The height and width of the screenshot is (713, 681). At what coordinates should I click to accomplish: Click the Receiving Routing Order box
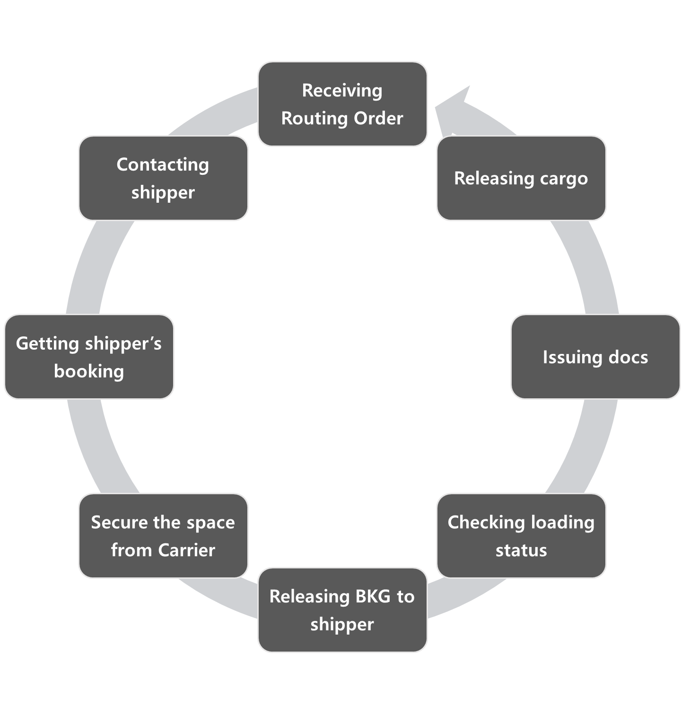[x=342, y=104]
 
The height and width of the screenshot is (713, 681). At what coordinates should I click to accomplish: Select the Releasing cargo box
[x=521, y=178]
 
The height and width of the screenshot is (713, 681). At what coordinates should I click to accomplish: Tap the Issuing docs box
[x=595, y=357]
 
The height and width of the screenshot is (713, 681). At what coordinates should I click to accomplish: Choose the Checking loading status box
[x=521, y=536]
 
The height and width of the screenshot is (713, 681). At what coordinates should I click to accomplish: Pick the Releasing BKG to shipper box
[x=342, y=610]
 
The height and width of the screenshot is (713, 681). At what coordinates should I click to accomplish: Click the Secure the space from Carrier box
[x=163, y=536]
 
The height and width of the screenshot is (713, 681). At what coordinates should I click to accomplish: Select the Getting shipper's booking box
[x=89, y=357]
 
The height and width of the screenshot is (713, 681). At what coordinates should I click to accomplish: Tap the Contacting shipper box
[x=163, y=178]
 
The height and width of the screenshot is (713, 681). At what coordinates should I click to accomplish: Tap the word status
[x=521, y=550]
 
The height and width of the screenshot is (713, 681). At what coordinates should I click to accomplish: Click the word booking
[x=89, y=371]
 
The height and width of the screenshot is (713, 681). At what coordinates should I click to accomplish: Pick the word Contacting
[x=163, y=164]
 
